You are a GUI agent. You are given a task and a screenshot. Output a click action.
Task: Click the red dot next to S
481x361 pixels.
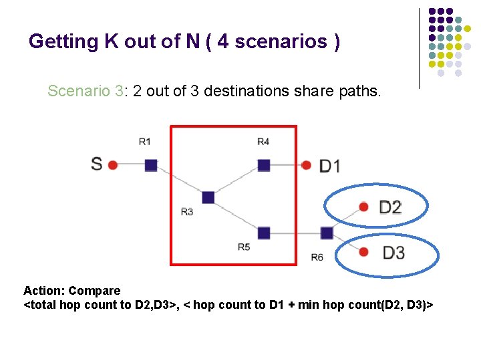(x=113, y=164)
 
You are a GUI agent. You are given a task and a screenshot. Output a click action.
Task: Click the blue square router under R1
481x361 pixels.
(x=151, y=164)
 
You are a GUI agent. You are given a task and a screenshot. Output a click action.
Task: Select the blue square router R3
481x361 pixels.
(x=208, y=197)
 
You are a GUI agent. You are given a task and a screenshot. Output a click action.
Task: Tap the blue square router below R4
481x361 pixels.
(x=264, y=164)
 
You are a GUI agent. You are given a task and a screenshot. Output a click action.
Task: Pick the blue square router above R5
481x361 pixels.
(x=264, y=233)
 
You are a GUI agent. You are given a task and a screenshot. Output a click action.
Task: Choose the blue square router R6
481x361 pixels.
(x=327, y=233)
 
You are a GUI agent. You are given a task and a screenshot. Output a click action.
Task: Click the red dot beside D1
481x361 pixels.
(x=306, y=164)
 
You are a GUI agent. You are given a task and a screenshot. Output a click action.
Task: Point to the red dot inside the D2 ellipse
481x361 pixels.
(x=363, y=207)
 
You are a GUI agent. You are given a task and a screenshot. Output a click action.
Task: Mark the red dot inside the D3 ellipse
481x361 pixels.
(x=363, y=252)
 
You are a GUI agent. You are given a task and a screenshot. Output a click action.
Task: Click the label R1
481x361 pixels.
(x=145, y=141)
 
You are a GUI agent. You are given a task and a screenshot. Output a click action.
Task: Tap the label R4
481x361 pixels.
(x=263, y=141)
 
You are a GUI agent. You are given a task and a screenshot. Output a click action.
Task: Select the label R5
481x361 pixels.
(x=244, y=247)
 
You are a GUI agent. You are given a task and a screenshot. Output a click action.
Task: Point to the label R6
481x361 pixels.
(x=317, y=257)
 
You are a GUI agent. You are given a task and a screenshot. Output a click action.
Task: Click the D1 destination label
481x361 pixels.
(x=329, y=165)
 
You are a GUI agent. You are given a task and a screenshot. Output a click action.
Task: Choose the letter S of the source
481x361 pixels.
(x=97, y=164)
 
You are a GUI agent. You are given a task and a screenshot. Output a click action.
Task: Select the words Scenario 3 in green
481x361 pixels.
(x=86, y=91)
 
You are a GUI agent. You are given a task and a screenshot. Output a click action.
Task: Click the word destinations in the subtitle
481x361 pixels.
(x=247, y=91)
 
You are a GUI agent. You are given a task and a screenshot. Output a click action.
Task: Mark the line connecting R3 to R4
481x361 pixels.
(x=235, y=181)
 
